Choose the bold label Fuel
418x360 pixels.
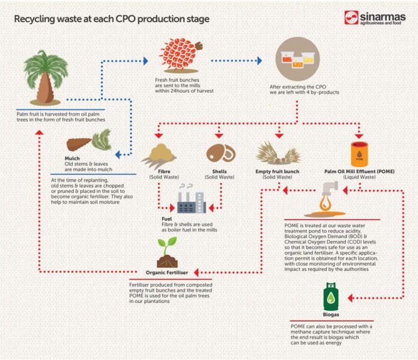coord(167,219)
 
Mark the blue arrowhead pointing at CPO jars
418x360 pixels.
coord(259,60)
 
